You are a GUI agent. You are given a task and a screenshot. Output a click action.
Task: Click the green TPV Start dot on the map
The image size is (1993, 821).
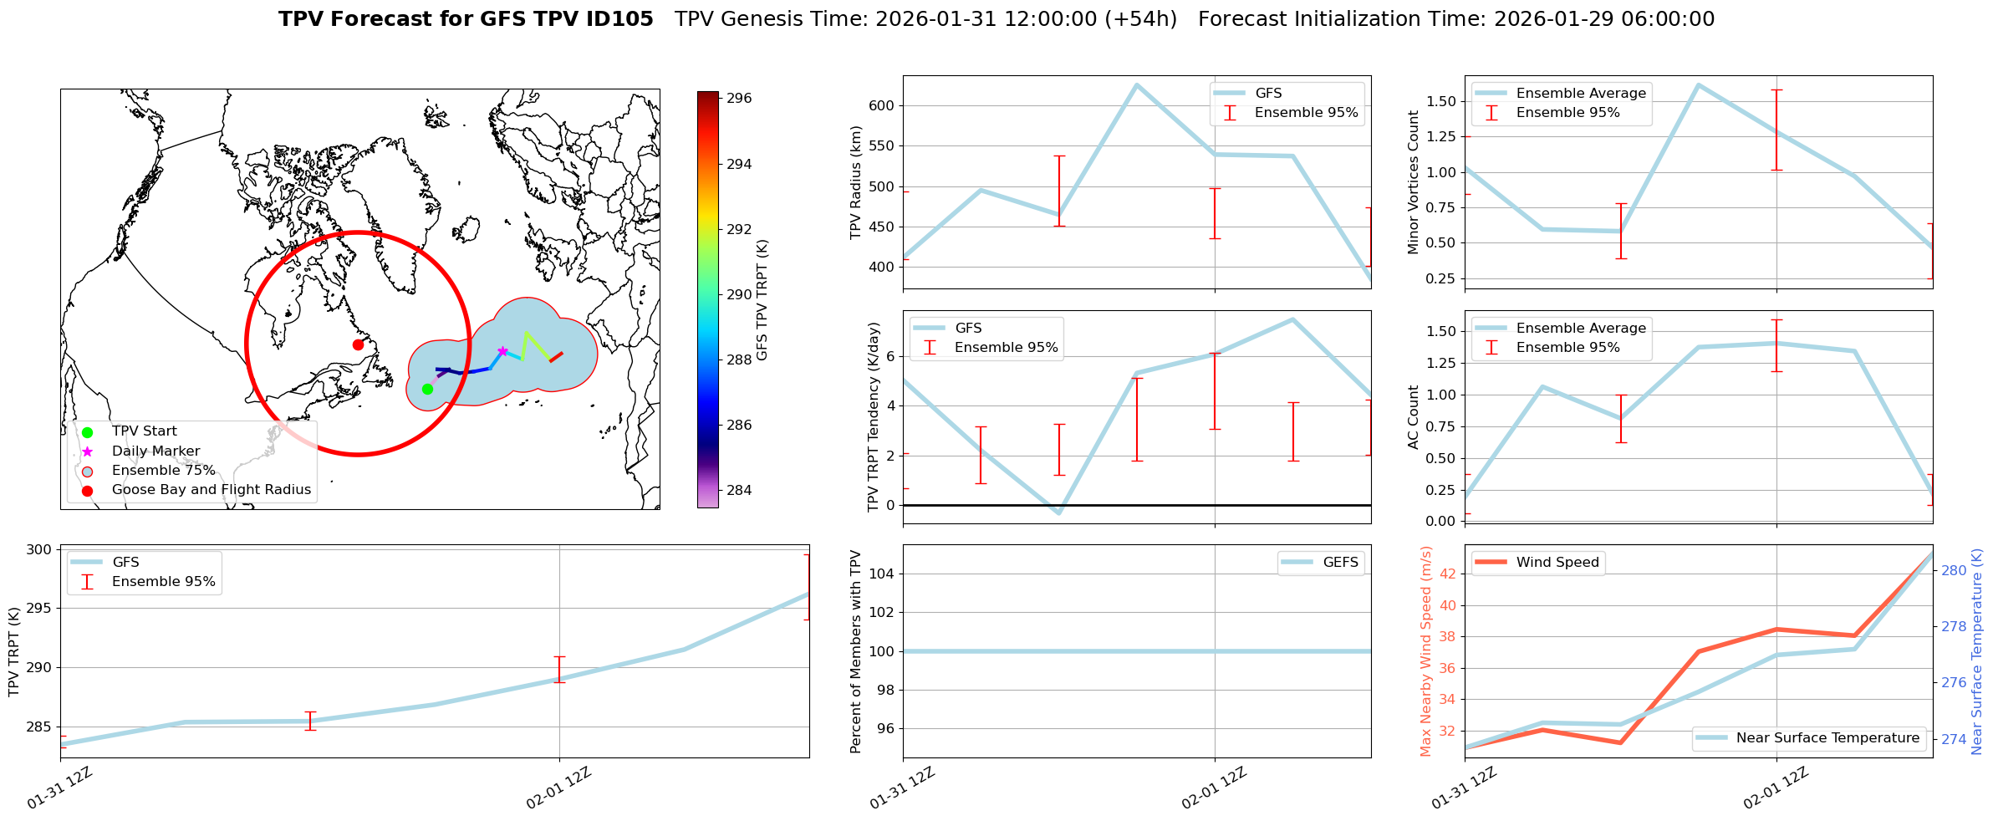pyautogui.click(x=427, y=389)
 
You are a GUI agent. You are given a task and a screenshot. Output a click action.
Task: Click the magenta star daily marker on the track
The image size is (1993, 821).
pyautogui.click(x=502, y=351)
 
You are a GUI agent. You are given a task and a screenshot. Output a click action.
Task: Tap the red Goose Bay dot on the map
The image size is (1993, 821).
pyautogui.click(x=358, y=344)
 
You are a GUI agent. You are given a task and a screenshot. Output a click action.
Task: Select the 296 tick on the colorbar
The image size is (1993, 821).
pyautogui.click(x=738, y=99)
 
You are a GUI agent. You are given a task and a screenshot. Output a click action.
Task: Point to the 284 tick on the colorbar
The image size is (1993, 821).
pyautogui.click(x=738, y=490)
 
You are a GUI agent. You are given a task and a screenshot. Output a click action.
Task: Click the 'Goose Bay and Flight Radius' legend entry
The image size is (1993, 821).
pyautogui.click(x=211, y=490)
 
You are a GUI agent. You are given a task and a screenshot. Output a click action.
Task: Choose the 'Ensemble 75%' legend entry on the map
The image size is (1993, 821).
pyautogui.click(x=163, y=471)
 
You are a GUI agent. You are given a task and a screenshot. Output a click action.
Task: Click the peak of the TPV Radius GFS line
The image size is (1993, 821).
pyautogui.click(x=1136, y=84)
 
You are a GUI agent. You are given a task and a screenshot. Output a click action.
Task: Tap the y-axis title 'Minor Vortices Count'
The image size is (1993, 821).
pyautogui.click(x=1414, y=182)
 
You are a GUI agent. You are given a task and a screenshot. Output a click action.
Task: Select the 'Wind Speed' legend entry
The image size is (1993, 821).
pyautogui.click(x=1557, y=563)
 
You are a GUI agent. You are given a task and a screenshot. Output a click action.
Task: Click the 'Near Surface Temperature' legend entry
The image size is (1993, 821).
pyautogui.click(x=1827, y=738)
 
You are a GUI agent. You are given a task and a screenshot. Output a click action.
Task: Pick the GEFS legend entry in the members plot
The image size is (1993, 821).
pyautogui.click(x=1340, y=563)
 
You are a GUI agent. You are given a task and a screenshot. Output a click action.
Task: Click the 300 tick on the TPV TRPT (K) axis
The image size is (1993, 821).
pyautogui.click(x=38, y=550)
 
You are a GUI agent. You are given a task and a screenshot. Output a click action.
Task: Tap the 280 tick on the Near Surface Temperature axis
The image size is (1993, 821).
pyautogui.click(x=1954, y=571)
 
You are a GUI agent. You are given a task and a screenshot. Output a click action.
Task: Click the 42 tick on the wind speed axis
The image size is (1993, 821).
pyautogui.click(x=1448, y=574)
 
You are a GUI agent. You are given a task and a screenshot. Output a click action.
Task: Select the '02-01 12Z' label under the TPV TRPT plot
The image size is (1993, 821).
pyautogui.click(x=559, y=788)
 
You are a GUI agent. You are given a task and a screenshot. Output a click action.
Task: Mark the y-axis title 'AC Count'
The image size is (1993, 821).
pyautogui.click(x=1414, y=417)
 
